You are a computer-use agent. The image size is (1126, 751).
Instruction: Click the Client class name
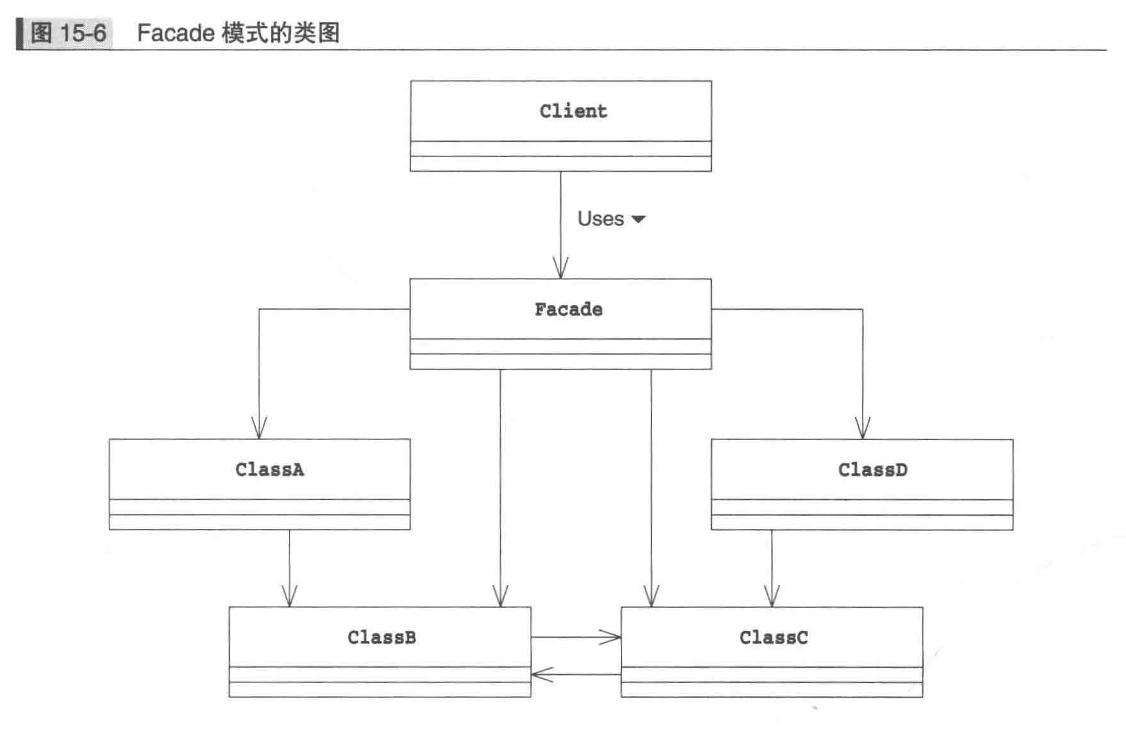click(573, 111)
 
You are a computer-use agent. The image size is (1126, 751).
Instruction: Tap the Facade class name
click(568, 310)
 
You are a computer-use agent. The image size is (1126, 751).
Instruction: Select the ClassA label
click(270, 470)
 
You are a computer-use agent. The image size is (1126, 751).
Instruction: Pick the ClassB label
click(382, 637)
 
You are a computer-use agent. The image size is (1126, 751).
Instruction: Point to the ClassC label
click(774, 637)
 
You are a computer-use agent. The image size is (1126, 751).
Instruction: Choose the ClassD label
click(872, 470)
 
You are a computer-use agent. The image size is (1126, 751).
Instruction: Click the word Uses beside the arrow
click(601, 219)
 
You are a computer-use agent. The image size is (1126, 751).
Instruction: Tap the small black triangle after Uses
click(638, 219)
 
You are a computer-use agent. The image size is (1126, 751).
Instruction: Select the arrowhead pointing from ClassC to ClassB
click(540, 675)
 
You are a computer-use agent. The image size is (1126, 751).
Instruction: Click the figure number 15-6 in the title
click(83, 33)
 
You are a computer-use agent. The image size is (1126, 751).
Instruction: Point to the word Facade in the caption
click(176, 33)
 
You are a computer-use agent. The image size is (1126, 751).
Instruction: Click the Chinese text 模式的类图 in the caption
click(281, 33)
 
